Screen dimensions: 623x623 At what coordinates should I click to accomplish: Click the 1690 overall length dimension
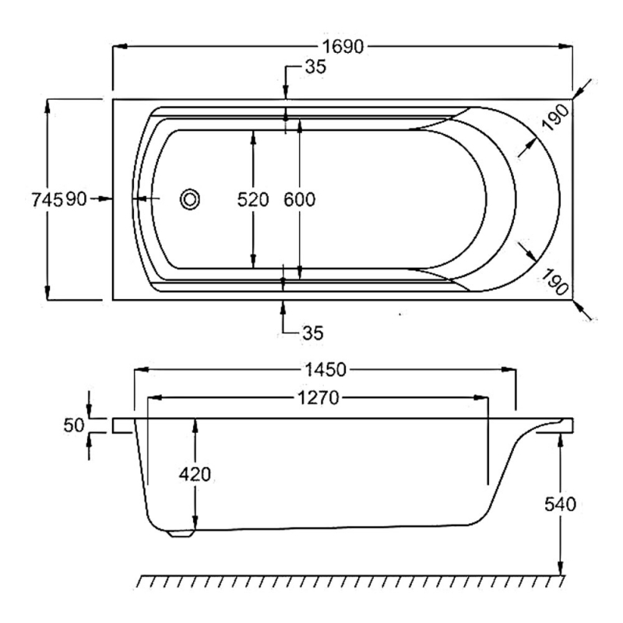click(x=343, y=47)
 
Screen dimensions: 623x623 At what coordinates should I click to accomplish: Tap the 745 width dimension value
click(x=48, y=200)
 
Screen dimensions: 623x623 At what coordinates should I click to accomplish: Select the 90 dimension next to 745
click(x=75, y=200)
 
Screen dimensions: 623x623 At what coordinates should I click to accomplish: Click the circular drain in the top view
click(x=189, y=199)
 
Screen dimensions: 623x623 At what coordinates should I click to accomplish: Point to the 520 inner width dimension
click(x=252, y=200)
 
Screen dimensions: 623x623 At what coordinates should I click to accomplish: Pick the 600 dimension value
click(x=299, y=200)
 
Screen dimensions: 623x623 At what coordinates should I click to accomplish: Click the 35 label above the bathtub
click(x=315, y=67)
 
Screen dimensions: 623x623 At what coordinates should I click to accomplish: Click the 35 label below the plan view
click(x=312, y=333)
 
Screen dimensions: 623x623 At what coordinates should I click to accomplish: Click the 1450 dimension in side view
click(x=325, y=368)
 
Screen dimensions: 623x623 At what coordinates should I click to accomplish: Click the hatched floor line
click(x=350, y=581)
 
